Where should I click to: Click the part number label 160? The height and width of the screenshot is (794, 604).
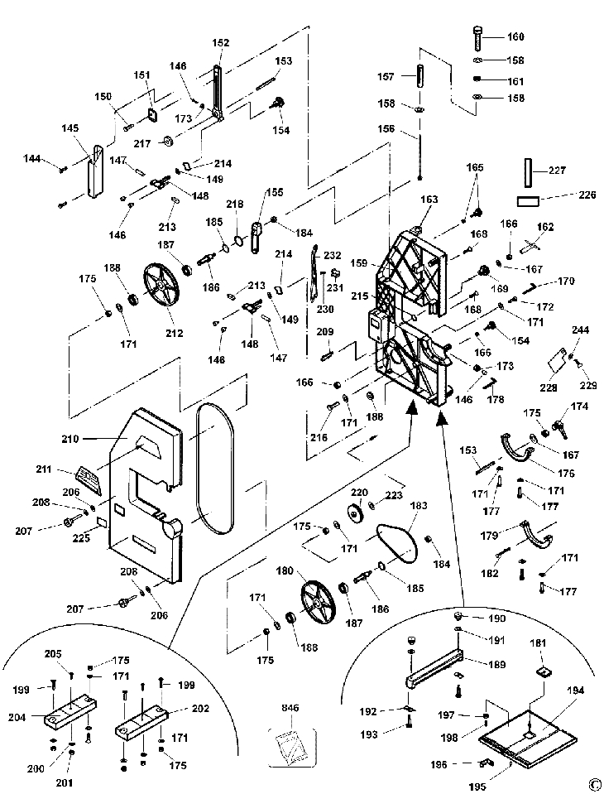tap(515, 36)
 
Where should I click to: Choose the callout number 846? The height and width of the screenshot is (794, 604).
tap(290, 709)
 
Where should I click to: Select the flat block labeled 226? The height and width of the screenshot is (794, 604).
tap(526, 200)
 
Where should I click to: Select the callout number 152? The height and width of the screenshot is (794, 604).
tap(220, 43)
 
